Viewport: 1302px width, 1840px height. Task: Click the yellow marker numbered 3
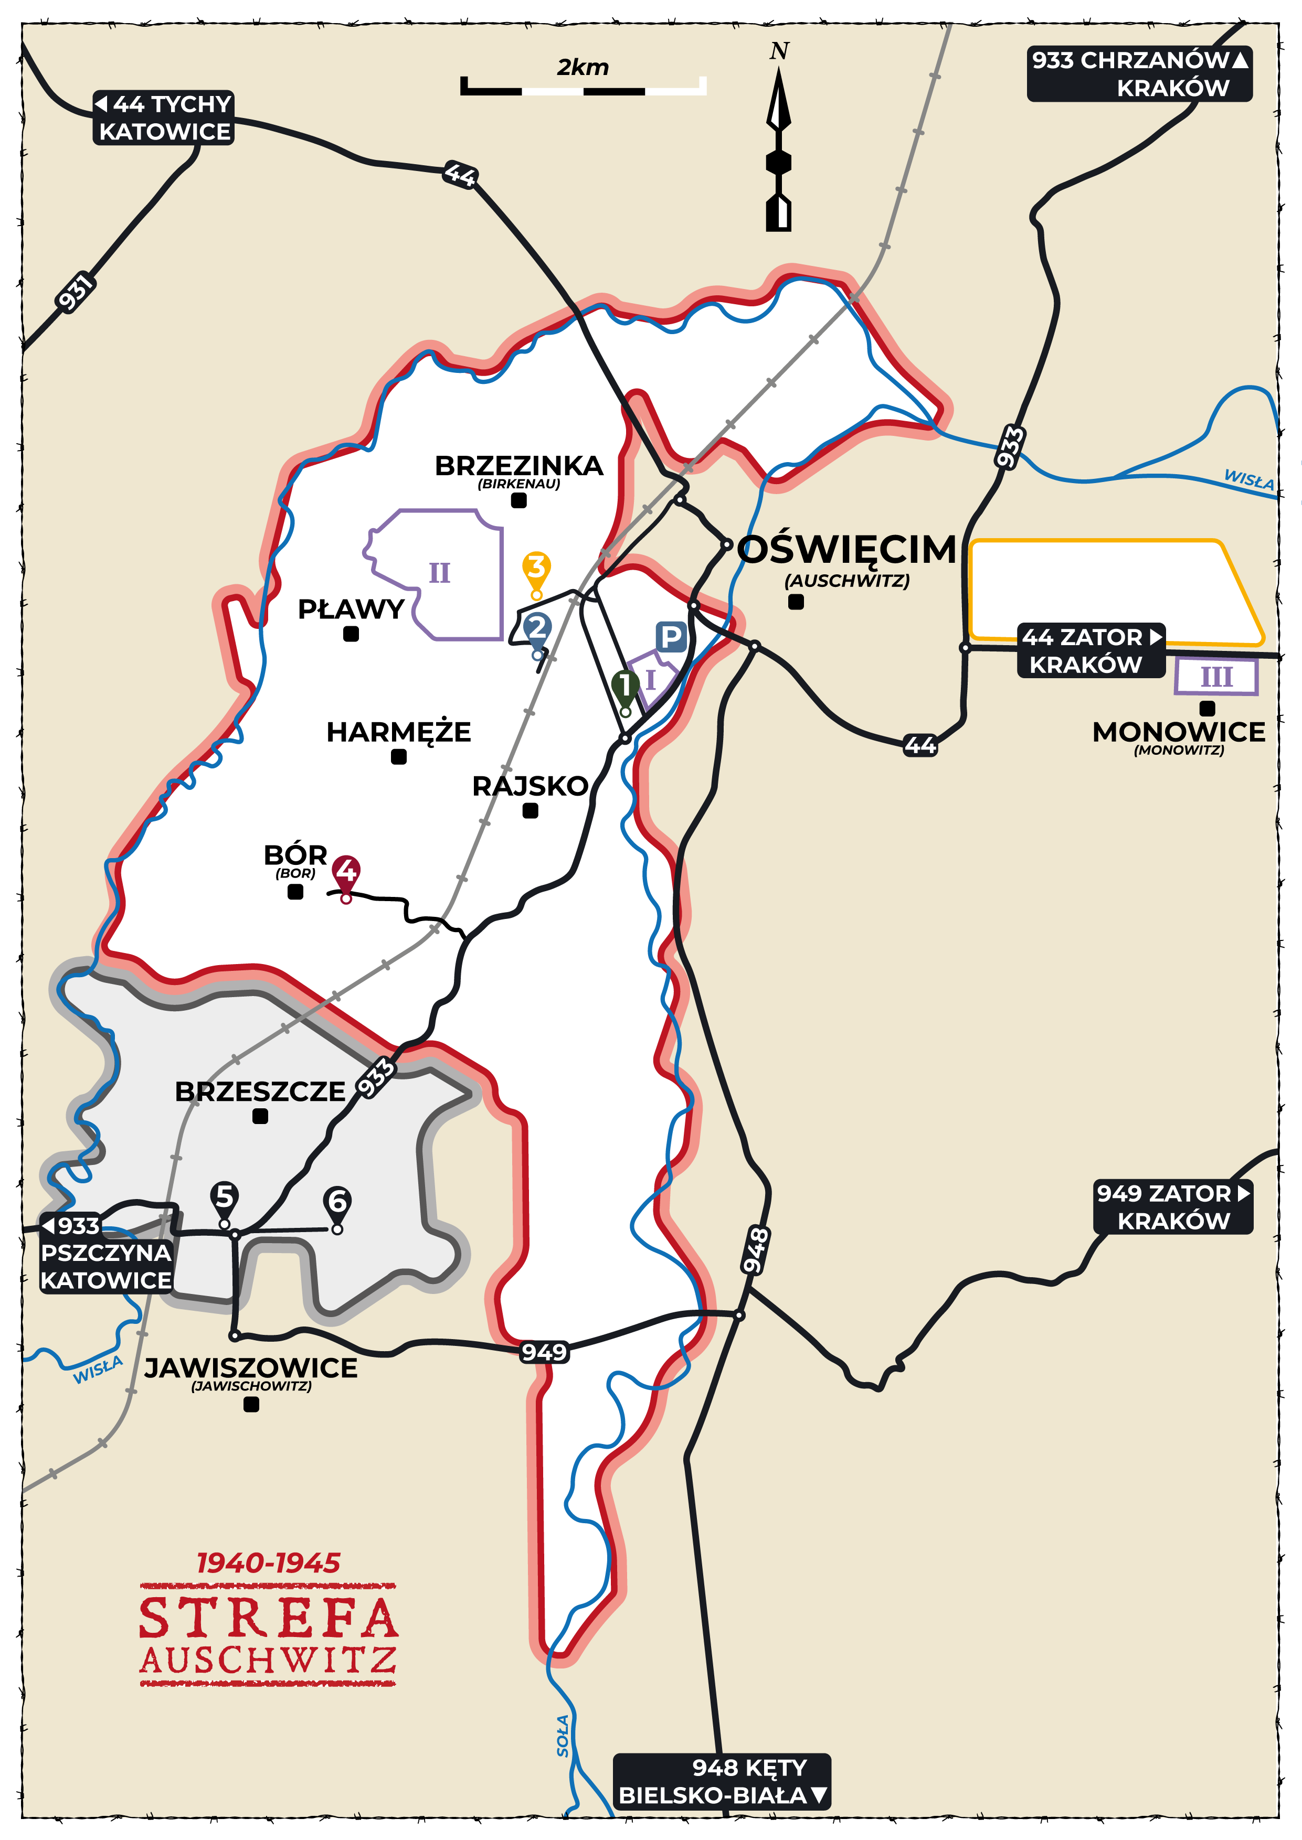click(x=536, y=566)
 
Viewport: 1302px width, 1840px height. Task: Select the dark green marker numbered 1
click(x=624, y=686)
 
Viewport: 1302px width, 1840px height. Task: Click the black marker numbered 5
click(x=225, y=1196)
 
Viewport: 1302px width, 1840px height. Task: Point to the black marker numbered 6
click(x=337, y=1201)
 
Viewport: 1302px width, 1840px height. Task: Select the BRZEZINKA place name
click(x=518, y=466)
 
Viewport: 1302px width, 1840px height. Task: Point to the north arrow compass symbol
click(x=778, y=148)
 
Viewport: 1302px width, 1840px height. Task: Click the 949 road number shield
click(x=544, y=1353)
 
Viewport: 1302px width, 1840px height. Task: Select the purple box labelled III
click(x=1215, y=677)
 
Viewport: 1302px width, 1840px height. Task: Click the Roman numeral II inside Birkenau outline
click(x=439, y=573)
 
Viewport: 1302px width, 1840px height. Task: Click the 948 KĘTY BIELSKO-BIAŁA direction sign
click(x=722, y=1781)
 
